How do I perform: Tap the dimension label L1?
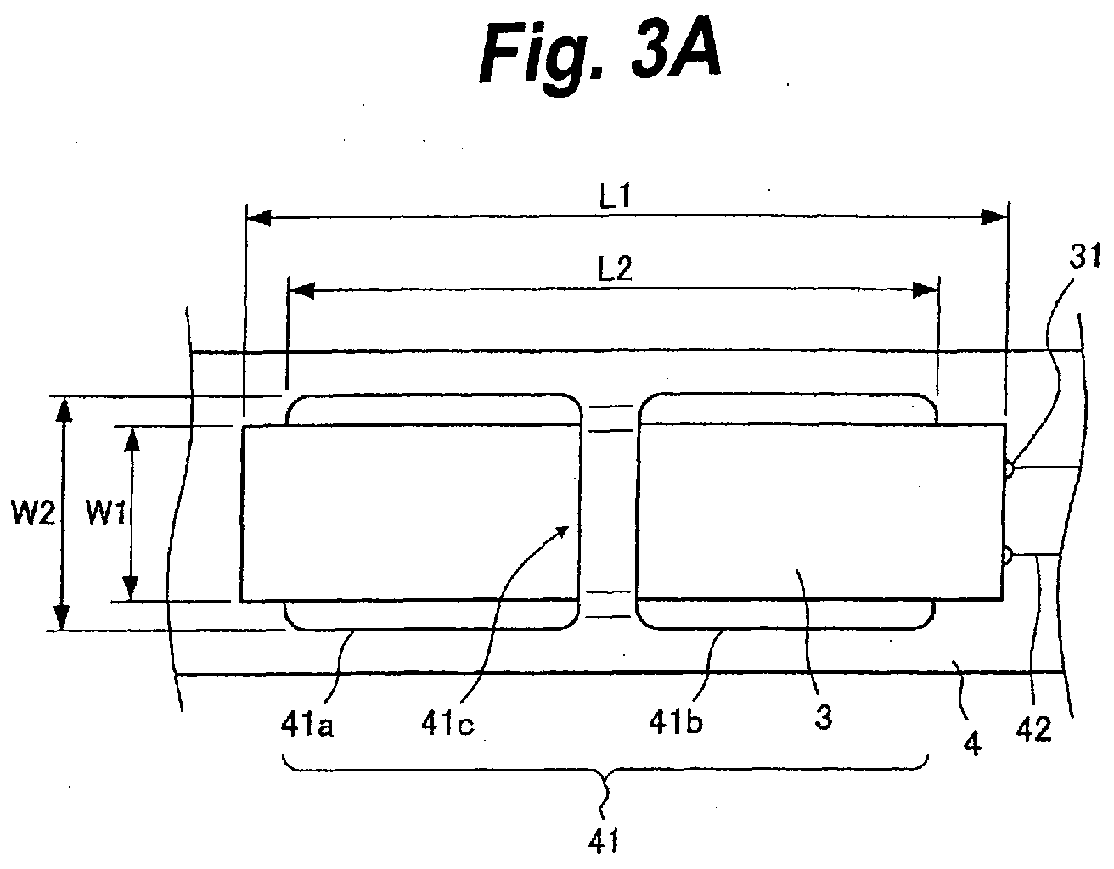click(x=615, y=195)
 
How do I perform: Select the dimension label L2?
click(x=615, y=268)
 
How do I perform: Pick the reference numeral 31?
click(x=1084, y=256)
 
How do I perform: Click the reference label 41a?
click(x=307, y=725)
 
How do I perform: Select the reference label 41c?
click(x=447, y=724)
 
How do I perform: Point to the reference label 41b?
click(x=676, y=722)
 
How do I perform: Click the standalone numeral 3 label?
click(x=824, y=716)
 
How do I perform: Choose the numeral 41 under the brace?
click(x=604, y=840)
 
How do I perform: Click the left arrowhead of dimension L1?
click(x=259, y=217)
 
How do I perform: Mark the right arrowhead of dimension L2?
click(x=926, y=290)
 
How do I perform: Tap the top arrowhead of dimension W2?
click(x=63, y=410)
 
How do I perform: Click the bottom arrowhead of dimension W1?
click(x=132, y=587)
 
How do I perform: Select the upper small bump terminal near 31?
click(x=1009, y=469)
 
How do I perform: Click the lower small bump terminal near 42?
click(x=1006, y=554)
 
